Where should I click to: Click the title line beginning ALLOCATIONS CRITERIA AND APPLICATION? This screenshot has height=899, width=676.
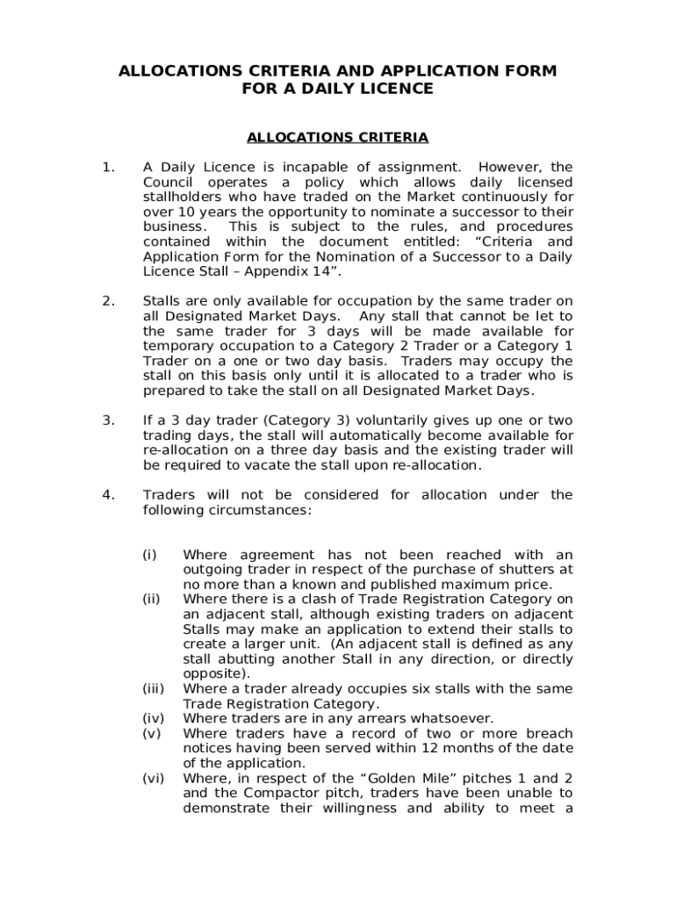338,71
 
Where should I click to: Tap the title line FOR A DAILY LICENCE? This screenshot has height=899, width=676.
338,89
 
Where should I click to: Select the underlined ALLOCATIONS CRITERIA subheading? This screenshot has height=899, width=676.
338,138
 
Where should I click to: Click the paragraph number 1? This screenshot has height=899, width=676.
107,167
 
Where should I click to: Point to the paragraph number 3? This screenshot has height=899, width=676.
107,421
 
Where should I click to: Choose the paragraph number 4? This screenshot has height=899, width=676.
107,495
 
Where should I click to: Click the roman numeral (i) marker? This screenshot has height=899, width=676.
150,555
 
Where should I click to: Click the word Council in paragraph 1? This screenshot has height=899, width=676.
169,182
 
